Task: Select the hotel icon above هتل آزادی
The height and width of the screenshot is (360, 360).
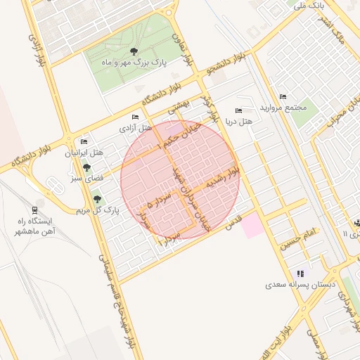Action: click(x=135, y=117)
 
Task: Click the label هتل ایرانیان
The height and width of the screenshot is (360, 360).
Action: click(x=84, y=153)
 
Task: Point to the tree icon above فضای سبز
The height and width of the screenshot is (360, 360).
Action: click(x=86, y=167)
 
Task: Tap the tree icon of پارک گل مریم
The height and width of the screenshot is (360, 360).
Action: click(x=97, y=199)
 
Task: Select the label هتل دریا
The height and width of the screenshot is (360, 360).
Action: click(x=240, y=122)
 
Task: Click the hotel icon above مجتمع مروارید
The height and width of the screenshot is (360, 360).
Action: click(x=283, y=96)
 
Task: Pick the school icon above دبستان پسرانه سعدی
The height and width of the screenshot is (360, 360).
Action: click(x=301, y=274)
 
